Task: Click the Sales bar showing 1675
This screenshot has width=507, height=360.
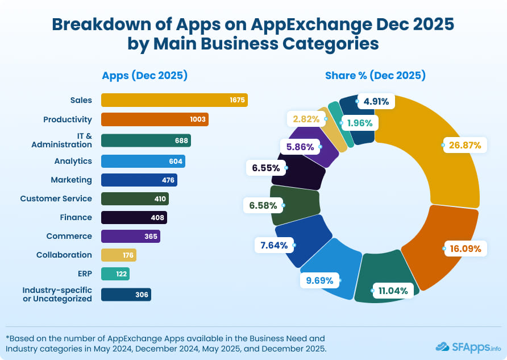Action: click(174, 100)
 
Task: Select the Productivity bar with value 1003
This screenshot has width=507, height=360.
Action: click(155, 119)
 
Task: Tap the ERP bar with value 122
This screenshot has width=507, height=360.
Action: click(115, 274)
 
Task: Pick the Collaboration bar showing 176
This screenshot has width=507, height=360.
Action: click(119, 255)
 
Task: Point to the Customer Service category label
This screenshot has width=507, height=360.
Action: click(56, 198)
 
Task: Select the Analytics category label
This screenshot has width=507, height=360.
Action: click(73, 161)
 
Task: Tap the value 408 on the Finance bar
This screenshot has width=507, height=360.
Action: click(157, 217)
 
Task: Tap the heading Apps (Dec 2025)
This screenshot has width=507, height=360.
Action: click(144, 75)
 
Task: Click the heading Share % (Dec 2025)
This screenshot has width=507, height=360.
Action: click(375, 75)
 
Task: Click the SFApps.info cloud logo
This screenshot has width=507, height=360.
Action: click(443, 346)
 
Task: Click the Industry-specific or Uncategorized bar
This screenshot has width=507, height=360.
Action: click(126, 294)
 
